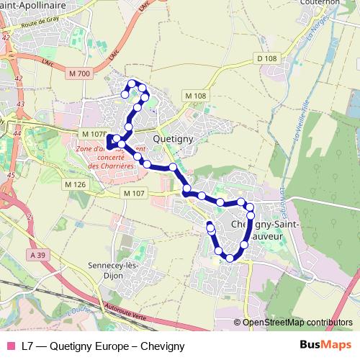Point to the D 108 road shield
pos(266,58)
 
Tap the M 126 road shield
pos(74,185)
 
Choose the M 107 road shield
pos(134,193)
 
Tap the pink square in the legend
pos(10,346)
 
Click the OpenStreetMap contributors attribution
pos(297,323)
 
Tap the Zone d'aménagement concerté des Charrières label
pos(110,157)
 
